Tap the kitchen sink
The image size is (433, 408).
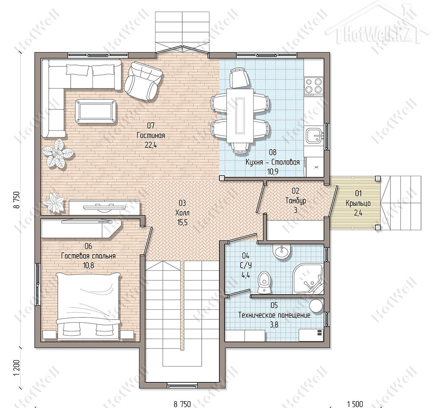click(314, 135)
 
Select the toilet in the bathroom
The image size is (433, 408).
click(264, 282)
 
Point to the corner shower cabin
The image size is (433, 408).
click(308, 279)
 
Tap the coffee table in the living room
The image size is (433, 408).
click(96, 111)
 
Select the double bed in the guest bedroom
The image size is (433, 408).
click(88, 306)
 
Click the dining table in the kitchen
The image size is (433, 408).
click(240, 116)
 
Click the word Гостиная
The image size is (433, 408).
click(151, 135)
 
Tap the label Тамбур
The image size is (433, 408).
click(296, 200)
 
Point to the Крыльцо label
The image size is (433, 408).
click(358, 203)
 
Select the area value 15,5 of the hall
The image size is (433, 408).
click(183, 222)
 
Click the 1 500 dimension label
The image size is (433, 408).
click(355, 404)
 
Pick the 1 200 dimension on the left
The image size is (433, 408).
click(17, 368)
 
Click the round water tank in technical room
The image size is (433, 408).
click(316, 306)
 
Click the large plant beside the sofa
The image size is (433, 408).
click(57, 153)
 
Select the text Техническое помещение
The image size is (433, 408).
click(274, 315)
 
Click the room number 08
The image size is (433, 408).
click(273, 152)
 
